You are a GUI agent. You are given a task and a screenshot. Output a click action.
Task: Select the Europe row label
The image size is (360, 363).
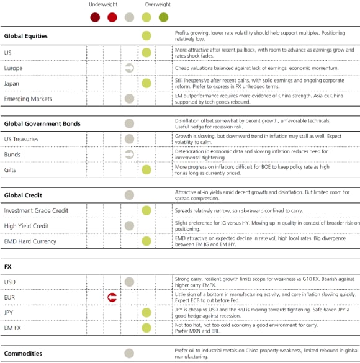[13, 68]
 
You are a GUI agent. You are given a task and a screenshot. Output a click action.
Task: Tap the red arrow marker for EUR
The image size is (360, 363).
[112, 298]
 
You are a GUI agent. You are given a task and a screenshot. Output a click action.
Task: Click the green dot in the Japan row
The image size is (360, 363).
[146, 83]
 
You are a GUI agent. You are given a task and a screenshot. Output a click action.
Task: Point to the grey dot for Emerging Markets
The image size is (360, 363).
[129, 99]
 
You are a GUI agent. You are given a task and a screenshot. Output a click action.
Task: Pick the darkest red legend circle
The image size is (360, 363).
[95, 17]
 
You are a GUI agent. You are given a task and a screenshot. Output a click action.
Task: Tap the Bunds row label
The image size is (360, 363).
[12, 154]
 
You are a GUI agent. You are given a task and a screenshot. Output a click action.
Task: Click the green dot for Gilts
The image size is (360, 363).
[146, 169]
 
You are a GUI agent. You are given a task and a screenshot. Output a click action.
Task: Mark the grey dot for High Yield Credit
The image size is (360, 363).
[129, 226]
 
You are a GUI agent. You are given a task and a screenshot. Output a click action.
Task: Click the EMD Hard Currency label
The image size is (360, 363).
[30, 241]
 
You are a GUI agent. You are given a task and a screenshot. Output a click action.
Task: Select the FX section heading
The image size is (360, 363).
[8, 267]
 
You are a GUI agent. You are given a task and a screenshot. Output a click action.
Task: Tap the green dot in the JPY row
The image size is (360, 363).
[146, 313]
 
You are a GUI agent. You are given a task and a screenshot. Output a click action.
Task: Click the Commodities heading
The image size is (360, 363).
[23, 354]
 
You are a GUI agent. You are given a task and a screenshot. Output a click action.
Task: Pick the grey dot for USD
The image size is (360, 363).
[129, 282]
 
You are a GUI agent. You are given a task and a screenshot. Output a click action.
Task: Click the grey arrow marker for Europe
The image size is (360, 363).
[129, 68]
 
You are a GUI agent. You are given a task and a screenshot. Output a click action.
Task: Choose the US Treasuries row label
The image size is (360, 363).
[25, 139]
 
